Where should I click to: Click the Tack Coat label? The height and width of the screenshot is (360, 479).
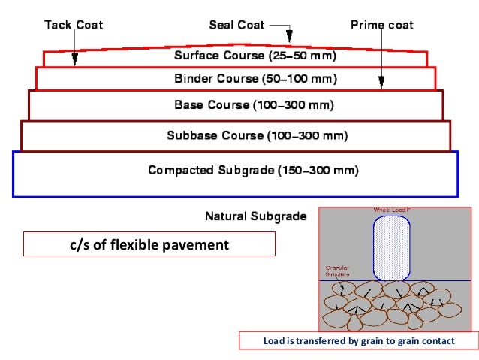coord(73,25)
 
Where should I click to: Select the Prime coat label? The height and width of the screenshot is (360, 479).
coord(381,25)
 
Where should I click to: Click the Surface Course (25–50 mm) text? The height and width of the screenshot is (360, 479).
coord(255,56)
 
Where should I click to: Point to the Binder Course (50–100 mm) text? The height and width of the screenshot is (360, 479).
coord(255,78)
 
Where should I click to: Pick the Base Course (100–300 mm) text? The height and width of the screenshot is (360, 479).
coord(255,104)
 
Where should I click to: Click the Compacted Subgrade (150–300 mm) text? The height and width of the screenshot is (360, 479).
coord(253,171)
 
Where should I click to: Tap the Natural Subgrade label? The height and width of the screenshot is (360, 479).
coord(255,216)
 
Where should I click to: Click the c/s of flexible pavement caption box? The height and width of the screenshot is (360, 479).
coord(149,244)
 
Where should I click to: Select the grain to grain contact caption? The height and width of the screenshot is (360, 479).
coord(359,341)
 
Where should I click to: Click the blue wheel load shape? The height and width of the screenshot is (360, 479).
coord(392,248)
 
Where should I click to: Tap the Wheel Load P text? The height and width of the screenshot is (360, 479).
coord(391,210)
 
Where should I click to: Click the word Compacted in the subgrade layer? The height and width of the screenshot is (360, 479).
coord(180,171)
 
